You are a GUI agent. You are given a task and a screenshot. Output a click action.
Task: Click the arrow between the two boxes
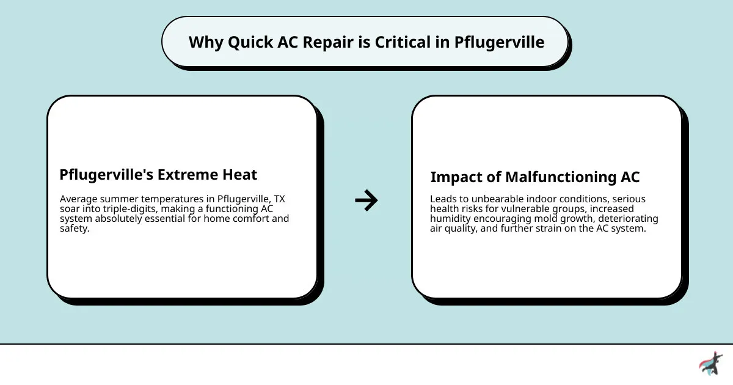[366, 200]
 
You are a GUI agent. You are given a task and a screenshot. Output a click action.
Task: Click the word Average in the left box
[79, 199]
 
